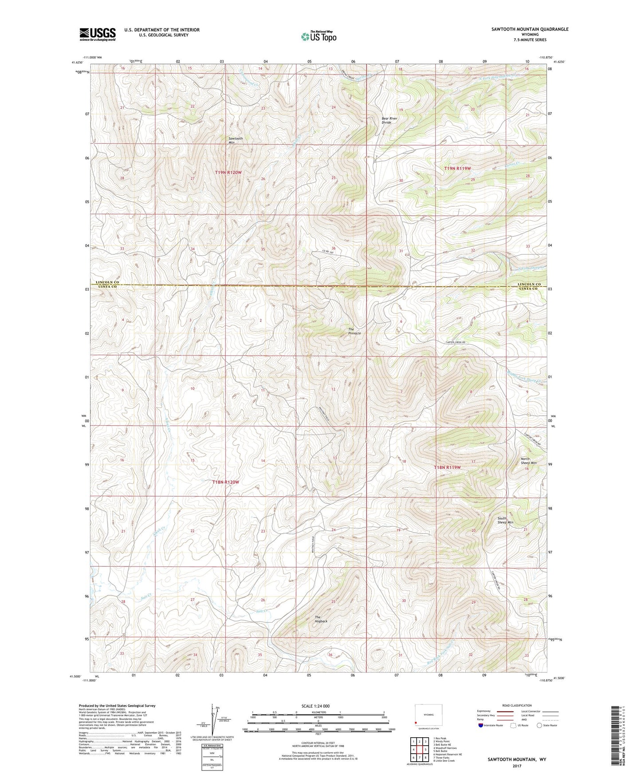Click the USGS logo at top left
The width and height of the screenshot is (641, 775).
click(97, 34)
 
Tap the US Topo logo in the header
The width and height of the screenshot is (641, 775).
click(319, 36)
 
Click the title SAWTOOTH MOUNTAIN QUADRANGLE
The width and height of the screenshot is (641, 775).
click(530, 29)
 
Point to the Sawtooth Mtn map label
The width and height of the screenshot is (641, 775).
click(235, 140)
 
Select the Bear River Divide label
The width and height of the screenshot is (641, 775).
click(386, 120)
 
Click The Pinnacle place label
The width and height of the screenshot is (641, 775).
click(354, 331)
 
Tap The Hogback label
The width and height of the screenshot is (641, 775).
click(321, 619)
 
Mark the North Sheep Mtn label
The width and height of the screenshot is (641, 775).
click(528, 461)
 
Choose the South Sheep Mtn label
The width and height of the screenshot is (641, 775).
click(505, 520)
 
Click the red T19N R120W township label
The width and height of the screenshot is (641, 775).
click(228, 172)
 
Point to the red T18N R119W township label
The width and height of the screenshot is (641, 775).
click(447, 467)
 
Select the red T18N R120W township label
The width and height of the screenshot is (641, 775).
click(225, 482)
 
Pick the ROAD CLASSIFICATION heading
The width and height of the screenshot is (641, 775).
click(517, 705)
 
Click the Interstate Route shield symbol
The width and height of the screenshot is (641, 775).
click(481, 725)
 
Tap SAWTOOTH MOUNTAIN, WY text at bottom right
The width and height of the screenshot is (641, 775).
click(517, 759)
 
